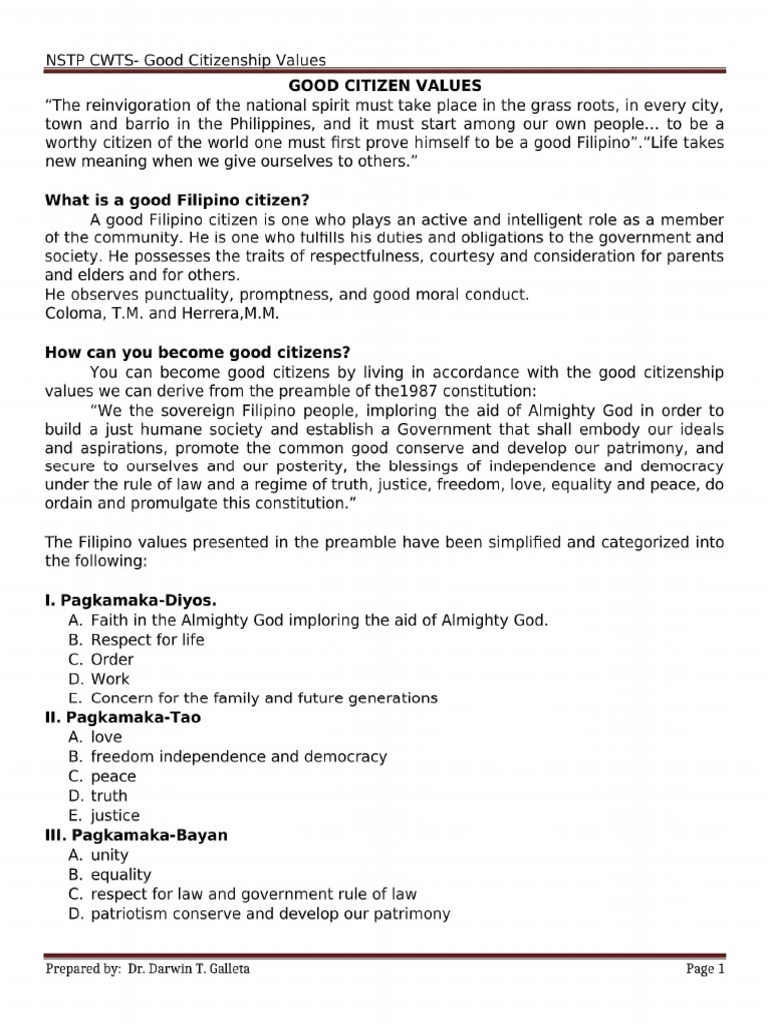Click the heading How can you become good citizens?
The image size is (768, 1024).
(197, 352)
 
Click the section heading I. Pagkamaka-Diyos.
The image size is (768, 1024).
(131, 600)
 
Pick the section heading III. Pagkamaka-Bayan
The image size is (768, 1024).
(136, 834)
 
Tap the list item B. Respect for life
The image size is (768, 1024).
(136, 640)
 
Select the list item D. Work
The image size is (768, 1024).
(99, 679)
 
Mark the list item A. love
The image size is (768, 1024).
(95, 737)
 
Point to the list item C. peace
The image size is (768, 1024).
(102, 776)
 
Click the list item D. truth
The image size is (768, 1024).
(98, 796)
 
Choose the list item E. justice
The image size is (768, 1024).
(104, 815)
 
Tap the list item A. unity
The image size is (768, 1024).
(98, 855)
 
